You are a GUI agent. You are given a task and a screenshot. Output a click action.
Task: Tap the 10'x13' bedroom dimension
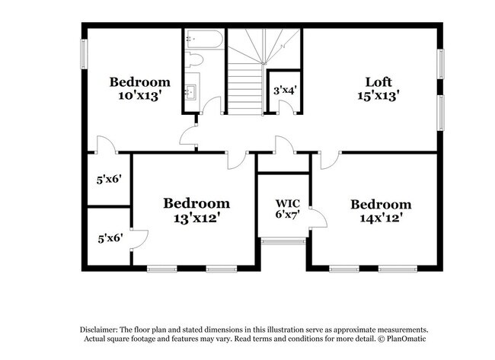[139, 95]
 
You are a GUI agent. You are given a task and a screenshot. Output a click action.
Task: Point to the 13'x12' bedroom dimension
[196, 218]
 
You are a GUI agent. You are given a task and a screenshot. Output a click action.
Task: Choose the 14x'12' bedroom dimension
[381, 218]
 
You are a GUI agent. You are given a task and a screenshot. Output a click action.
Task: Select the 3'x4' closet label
[284, 90]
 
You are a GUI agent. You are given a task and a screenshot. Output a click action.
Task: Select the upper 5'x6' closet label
[108, 180]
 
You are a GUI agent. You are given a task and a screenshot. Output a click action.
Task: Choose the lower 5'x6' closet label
[108, 237]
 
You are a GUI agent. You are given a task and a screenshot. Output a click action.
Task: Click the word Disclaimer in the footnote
[101, 329]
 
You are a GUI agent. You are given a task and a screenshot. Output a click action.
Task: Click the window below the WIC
[283, 241]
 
